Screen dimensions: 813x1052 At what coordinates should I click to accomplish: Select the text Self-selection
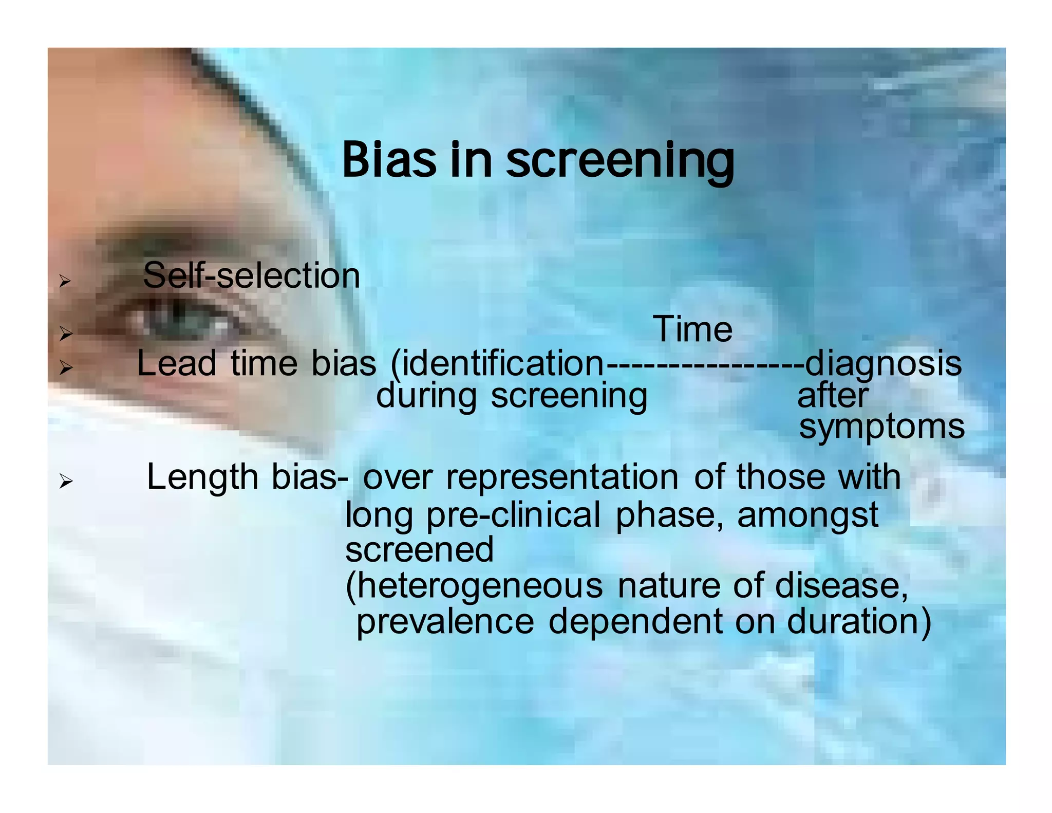(x=251, y=275)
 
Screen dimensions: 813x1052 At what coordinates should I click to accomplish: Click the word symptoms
(x=881, y=427)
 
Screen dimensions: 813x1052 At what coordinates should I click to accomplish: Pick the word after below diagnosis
(x=833, y=396)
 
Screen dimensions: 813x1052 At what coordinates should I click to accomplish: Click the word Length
(x=202, y=477)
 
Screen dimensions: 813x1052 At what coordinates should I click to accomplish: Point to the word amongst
(x=807, y=515)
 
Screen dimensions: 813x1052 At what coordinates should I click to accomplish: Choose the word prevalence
(x=445, y=621)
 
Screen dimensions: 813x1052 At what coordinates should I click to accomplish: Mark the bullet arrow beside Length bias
(x=65, y=482)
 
